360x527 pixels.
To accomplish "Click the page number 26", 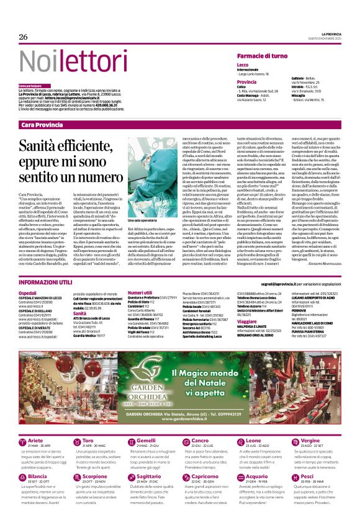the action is click(24, 37).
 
